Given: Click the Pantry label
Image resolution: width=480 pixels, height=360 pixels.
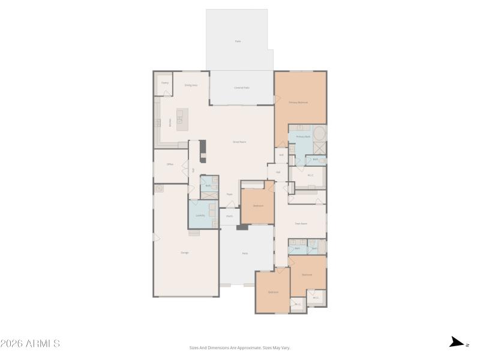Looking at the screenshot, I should tap(165, 83).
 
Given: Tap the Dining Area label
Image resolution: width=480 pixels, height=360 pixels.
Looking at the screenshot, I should tap(191, 85).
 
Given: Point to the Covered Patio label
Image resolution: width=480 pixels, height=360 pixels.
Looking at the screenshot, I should tap(242, 88).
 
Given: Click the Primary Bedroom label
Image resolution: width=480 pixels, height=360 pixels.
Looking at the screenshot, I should tap(298, 103).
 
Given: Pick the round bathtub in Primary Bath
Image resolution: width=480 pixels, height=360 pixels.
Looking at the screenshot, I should tap(319, 133).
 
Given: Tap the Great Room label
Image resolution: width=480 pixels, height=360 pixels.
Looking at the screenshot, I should tap(240, 142).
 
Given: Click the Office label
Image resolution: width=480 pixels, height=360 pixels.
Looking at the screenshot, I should tap(170, 164).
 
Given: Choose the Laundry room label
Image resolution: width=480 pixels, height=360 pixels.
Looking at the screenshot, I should tap(200, 215).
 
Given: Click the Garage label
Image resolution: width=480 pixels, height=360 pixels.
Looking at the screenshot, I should tap(185, 253).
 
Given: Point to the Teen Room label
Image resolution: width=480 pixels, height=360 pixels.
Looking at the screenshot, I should tap(301, 224).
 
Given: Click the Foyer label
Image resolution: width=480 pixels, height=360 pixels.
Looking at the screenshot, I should tap(229, 194).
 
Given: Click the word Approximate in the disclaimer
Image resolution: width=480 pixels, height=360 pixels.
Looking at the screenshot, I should tap(251, 347).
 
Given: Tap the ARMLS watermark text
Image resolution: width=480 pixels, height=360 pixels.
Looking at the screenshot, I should tap(30, 344).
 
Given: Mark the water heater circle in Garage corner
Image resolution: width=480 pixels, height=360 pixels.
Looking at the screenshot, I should tap(160, 189).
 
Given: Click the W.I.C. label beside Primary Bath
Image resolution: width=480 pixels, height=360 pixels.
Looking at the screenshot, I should tap(310, 175).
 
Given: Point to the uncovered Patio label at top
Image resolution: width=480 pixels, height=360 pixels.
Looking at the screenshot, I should tap(238, 41).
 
